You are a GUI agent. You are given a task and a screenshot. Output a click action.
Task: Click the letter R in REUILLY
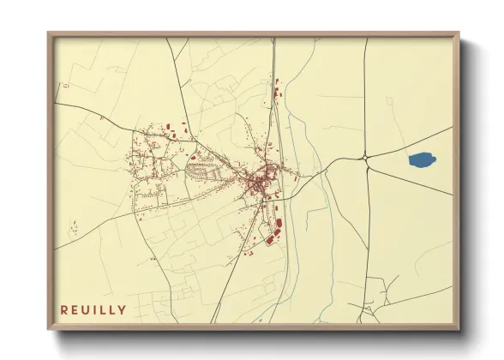coord(63,310)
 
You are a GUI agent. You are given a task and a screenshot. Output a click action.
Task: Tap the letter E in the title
coord(75,310)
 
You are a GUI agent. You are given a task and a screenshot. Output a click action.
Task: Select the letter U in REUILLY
coord(87,310)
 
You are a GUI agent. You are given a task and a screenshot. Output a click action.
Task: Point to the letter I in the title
coord(96,310)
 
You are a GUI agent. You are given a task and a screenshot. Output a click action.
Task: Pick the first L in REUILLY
coord(104,310)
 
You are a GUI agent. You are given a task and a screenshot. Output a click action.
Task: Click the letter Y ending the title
coord(123,310)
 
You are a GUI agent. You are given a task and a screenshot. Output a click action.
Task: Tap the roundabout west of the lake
coord(366,157)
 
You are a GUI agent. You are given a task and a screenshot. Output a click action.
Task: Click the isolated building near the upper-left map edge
coord(65,84)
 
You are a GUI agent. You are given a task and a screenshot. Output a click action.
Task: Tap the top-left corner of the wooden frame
coord(49,34)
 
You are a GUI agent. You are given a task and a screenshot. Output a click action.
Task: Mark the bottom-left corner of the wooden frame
coord(49,329)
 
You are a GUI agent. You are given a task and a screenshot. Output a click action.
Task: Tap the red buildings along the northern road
coord(276,90)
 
